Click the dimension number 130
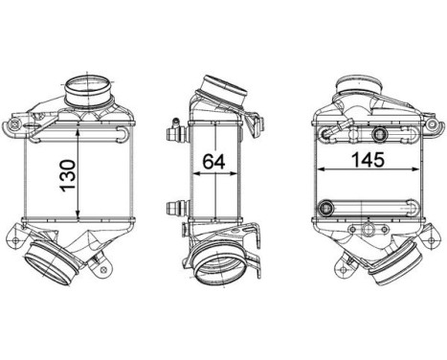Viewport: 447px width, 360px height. click(x=68, y=176)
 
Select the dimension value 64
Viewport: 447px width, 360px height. click(x=214, y=161)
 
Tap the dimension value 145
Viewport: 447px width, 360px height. click(x=368, y=160)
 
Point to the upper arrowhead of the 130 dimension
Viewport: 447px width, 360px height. click(x=78, y=133)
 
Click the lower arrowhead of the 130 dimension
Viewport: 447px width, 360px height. click(x=78, y=215)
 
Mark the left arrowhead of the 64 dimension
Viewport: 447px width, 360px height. click(x=197, y=173)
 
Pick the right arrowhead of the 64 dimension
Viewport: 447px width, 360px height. click(x=234, y=173)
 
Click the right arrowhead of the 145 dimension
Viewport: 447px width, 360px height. click(x=413, y=169)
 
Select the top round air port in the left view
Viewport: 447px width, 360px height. click(x=88, y=89)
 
